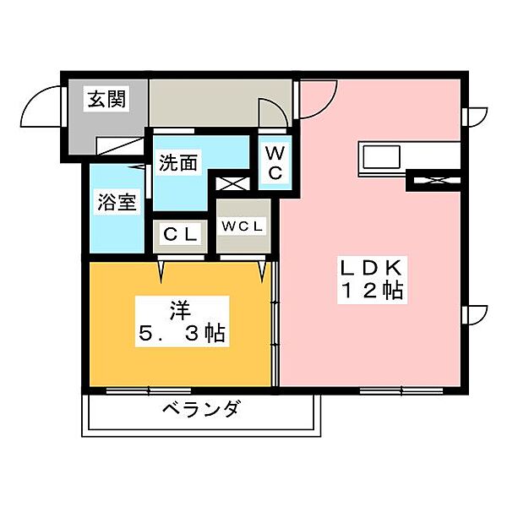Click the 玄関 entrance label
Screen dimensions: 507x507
point(106,100)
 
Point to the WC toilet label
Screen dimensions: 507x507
point(275,163)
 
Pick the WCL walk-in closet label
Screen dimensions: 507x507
point(243,226)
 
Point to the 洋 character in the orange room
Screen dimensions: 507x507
point(178,307)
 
